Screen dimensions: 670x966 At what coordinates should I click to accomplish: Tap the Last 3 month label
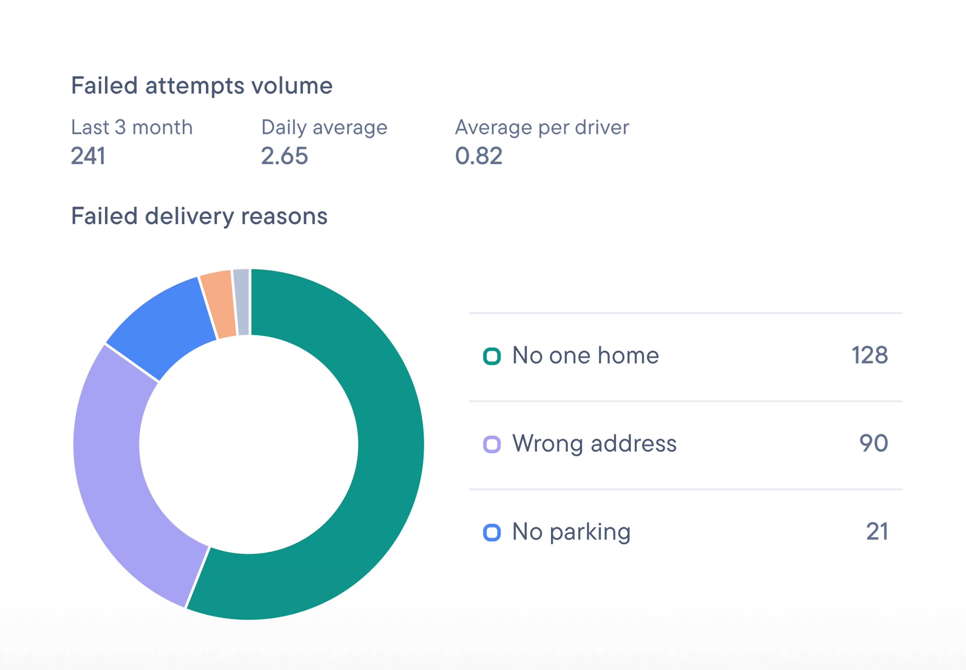(132, 127)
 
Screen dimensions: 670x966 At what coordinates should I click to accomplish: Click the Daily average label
(324, 127)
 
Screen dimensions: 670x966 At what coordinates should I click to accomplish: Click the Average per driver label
(542, 127)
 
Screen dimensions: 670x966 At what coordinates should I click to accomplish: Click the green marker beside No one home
(492, 357)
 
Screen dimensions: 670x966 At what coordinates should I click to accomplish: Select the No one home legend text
(585, 356)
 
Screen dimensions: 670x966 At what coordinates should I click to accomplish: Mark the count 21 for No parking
(877, 532)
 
